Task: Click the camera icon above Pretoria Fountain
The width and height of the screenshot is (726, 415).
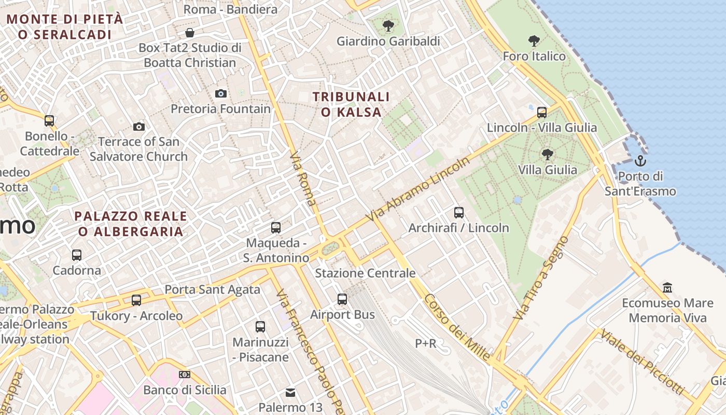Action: pos(221,94)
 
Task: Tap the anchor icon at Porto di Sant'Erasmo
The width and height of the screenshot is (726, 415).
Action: pos(640,160)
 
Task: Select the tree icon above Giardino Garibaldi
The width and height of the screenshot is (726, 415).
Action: pos(388,25)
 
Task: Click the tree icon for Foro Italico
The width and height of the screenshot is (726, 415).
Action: pos(534,40)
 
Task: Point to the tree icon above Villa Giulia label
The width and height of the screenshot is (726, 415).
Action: pos(547,154)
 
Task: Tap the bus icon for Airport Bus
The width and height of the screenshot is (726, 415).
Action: pos(342,299)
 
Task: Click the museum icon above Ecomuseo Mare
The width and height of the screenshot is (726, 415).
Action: pos(667,287)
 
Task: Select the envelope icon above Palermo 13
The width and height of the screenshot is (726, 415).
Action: pos(290,392)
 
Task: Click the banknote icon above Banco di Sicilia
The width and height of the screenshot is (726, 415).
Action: pos(185,375)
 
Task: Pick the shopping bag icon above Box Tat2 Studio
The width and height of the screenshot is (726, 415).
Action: pos(190,33)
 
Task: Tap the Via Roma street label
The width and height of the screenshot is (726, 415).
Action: pos(303,179)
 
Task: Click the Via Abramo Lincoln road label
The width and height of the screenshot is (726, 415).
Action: pos(418,189)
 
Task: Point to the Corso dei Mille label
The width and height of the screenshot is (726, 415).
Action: pos(457,327)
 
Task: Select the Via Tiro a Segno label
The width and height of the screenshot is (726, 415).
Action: pos(541,278)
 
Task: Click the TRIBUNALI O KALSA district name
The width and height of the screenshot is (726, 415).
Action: pos(351,104)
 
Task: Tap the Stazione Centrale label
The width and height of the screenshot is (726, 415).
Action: pos(365,273)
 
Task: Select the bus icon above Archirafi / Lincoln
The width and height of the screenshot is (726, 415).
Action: pos(459,212)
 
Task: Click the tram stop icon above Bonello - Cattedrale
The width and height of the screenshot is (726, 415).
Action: pos(49,121)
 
